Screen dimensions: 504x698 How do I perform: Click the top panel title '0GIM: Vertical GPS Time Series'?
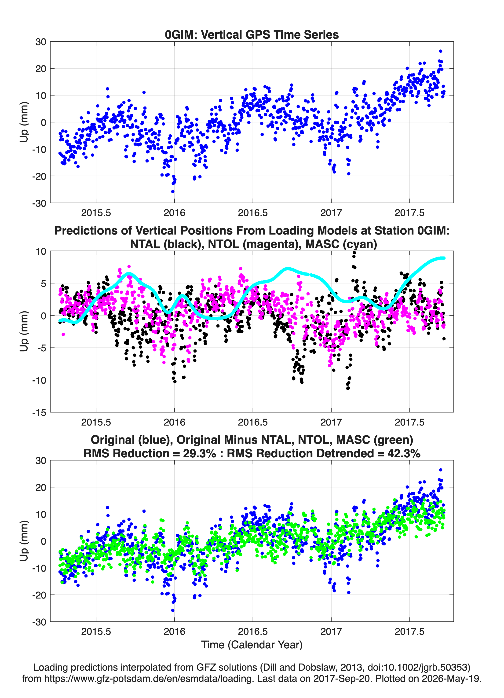click(x=252, y=34)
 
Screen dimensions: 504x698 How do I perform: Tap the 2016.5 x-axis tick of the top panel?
click(x=253, y=213)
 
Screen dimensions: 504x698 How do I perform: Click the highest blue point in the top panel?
click(x=440, y=51)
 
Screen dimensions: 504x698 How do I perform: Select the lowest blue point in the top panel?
click(x=173, y=191)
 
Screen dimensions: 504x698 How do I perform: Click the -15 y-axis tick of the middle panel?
click(x=39, y=412)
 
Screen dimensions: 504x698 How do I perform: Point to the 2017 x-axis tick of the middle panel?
click(x=331, y=422)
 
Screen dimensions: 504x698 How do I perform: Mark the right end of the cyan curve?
click(x=444, y=258)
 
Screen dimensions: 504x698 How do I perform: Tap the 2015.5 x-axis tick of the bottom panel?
click(x=96, y=631)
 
